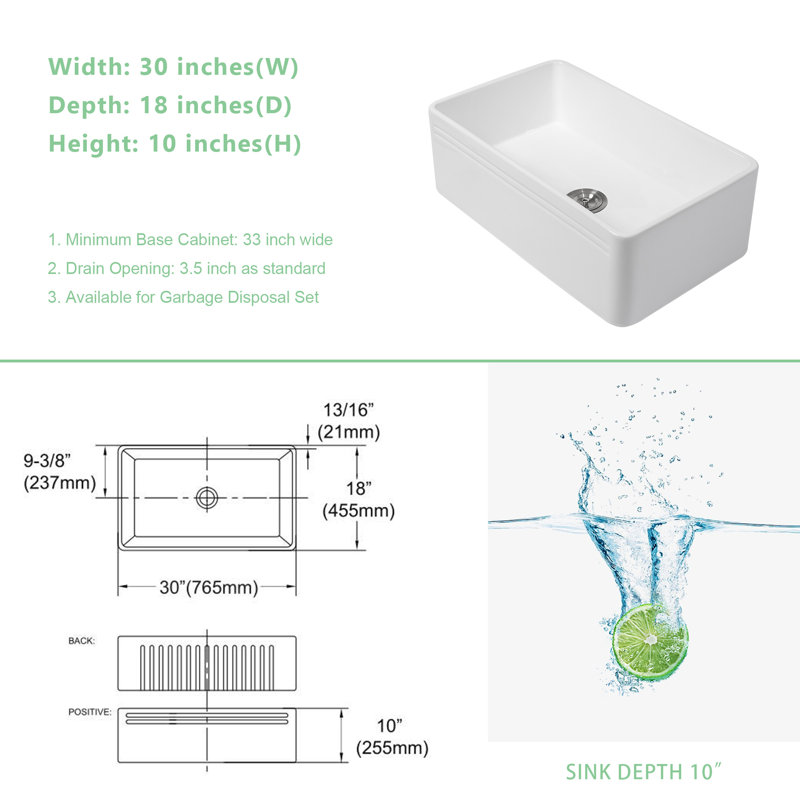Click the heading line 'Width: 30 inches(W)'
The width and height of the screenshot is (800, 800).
(x=173, y=67)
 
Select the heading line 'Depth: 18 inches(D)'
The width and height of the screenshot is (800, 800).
(x=170, y=105)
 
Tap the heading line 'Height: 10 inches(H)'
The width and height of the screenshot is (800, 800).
(x=174, y=143)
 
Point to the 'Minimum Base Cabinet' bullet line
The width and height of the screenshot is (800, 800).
(x=190, y=239)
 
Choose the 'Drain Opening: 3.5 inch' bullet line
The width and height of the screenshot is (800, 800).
(x=187, y=268)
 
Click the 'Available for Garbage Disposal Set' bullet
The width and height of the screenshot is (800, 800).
(x=184, y=297)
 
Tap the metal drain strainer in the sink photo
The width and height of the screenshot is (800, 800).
(x=587, y=198)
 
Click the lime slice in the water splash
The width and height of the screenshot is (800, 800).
(x=650, y=642)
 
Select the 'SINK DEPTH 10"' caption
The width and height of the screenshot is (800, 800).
(x=644, y=772)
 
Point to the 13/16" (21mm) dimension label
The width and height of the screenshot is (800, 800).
(x=349, y=421)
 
